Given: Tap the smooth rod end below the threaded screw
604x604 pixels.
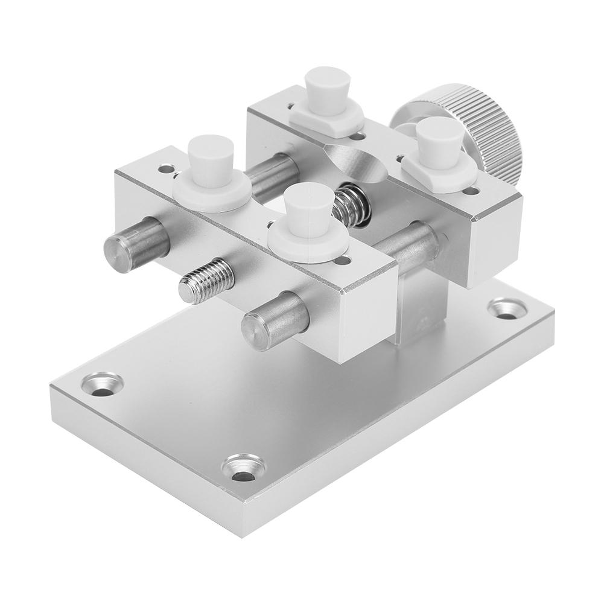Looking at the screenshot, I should [x=275, y=321].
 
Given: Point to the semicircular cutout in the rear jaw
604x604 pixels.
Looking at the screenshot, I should [x=356, y=160].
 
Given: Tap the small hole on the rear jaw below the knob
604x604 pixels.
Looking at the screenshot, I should [x=471, y=191].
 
